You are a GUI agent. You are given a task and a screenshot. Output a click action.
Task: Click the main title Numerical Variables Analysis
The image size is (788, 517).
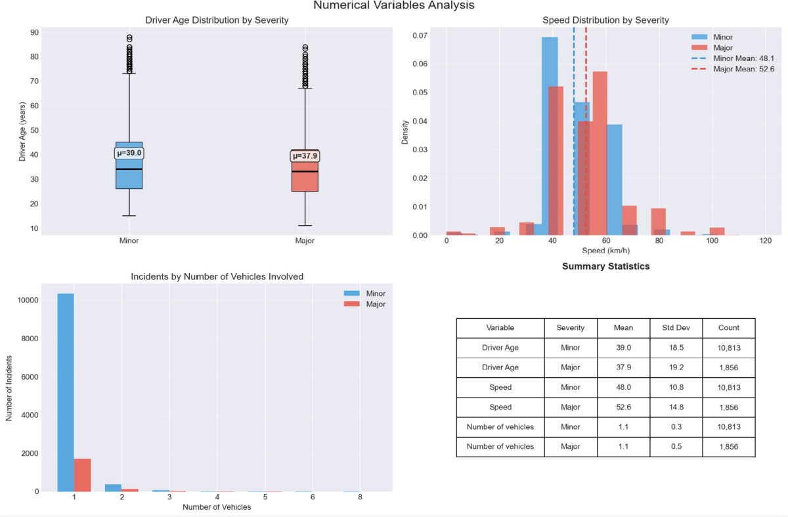tap(393, 6)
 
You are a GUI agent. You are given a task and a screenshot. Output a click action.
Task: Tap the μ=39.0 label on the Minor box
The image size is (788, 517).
tap(129, 154)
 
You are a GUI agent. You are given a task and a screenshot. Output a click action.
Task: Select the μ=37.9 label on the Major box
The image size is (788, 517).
tap(305, 156)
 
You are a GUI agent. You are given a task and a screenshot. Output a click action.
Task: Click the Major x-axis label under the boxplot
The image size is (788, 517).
tap(305, 241)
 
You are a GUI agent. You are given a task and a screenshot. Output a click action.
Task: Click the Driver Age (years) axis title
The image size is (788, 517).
tap(22, 129)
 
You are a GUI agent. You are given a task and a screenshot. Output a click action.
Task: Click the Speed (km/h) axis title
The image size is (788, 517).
tap(606, 251)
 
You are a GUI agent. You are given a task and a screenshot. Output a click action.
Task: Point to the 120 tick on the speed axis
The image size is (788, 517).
tap(765, 241)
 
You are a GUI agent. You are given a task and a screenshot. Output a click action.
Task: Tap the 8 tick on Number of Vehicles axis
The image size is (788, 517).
tap(361, 497)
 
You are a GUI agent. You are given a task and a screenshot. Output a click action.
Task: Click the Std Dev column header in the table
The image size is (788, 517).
tap(676, 327)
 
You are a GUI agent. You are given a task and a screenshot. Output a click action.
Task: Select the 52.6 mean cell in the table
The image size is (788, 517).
tap(623, 407)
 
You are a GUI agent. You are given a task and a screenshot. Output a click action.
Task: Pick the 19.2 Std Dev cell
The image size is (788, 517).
tap(676, 367)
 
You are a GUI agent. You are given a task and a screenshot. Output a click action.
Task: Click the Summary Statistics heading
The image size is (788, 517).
tap(605, 267)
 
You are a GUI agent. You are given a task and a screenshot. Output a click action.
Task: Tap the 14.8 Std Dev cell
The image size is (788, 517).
tap(676, 407)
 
